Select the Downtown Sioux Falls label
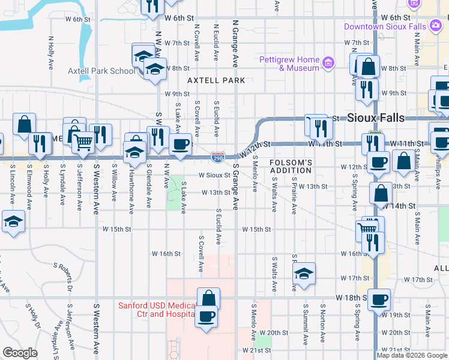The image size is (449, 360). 385,26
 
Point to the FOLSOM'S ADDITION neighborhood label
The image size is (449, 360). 291,166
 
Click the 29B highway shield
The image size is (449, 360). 218,158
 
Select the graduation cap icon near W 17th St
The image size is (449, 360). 304,274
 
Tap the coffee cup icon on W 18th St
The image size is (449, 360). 379,299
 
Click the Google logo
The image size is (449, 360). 20,353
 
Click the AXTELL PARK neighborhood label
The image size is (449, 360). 216,80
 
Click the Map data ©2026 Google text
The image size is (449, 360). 412,355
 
